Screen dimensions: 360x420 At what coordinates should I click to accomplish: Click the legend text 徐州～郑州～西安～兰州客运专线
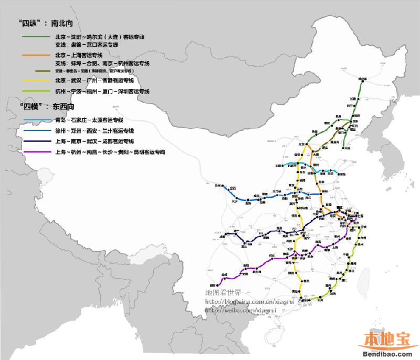[94, 131]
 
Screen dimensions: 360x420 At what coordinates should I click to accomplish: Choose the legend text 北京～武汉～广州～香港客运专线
[94, 80]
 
